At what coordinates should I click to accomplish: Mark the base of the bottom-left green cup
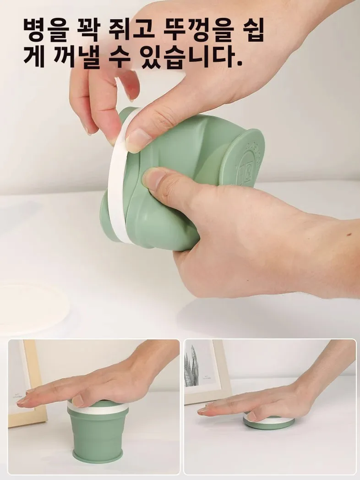98,456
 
